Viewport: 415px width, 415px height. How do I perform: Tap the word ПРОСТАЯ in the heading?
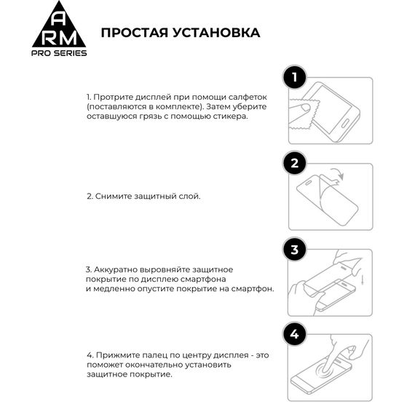133,33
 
